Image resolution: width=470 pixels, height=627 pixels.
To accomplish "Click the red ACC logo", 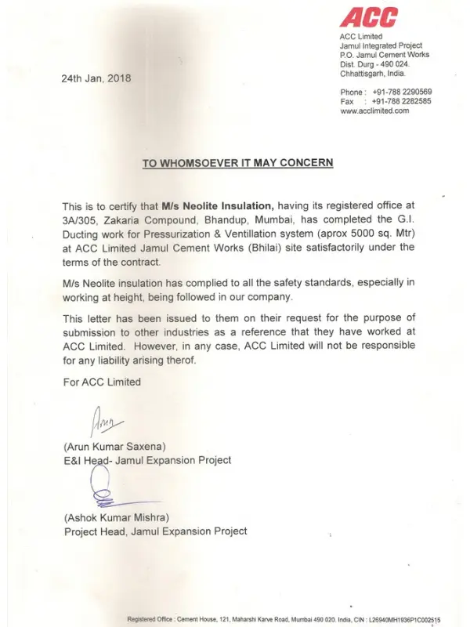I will tap(369, 17).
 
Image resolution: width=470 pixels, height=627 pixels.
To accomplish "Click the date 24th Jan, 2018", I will tap(96, 78).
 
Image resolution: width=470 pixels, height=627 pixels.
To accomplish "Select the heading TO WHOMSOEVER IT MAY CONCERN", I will tap(237, 163).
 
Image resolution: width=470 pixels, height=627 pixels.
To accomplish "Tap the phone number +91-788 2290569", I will tap(402, 92).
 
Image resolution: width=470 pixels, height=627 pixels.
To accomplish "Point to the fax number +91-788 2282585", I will tap(402, 101).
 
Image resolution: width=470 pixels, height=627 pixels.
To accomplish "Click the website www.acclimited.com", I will tap(374, 111).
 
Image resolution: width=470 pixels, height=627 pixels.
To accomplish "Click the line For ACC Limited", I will tap(102, 382).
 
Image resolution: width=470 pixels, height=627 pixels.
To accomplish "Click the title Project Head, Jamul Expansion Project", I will tap(155, 531).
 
